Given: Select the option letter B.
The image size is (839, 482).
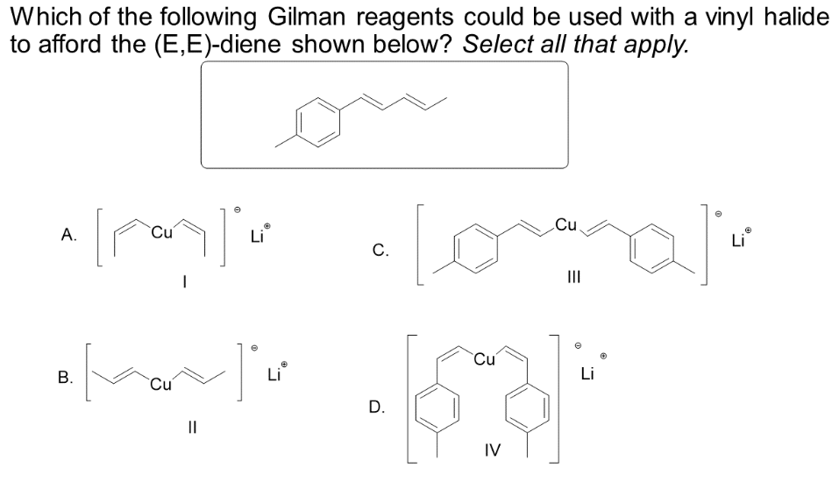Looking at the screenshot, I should (64, 379).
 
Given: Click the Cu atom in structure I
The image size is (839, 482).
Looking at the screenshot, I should (162, 234).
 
